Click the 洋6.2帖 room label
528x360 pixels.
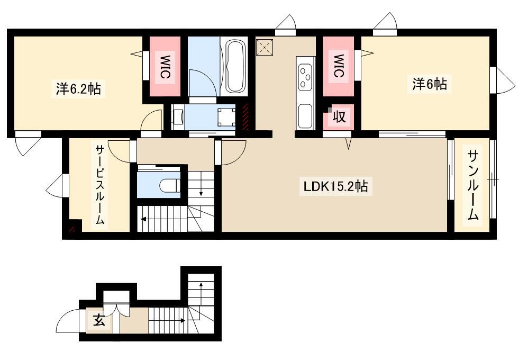78,89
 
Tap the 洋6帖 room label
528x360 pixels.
430,84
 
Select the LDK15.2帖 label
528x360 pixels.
336,186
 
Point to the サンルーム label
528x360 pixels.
473,185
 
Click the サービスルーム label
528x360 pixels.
99,185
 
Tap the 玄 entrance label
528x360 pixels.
99,320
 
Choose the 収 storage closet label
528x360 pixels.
339,117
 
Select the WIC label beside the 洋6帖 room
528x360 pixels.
339,66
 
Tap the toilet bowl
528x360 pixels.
169,186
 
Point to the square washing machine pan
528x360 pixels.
226,117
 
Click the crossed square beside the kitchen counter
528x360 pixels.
265,47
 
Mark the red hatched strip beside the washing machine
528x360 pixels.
245,117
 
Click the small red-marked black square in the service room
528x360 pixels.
75,226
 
